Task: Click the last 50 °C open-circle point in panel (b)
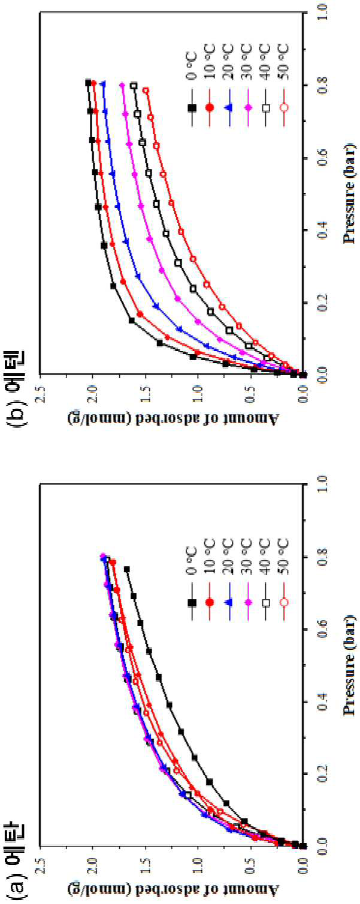pos(146,90)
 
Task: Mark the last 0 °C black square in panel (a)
pos(127,570)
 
